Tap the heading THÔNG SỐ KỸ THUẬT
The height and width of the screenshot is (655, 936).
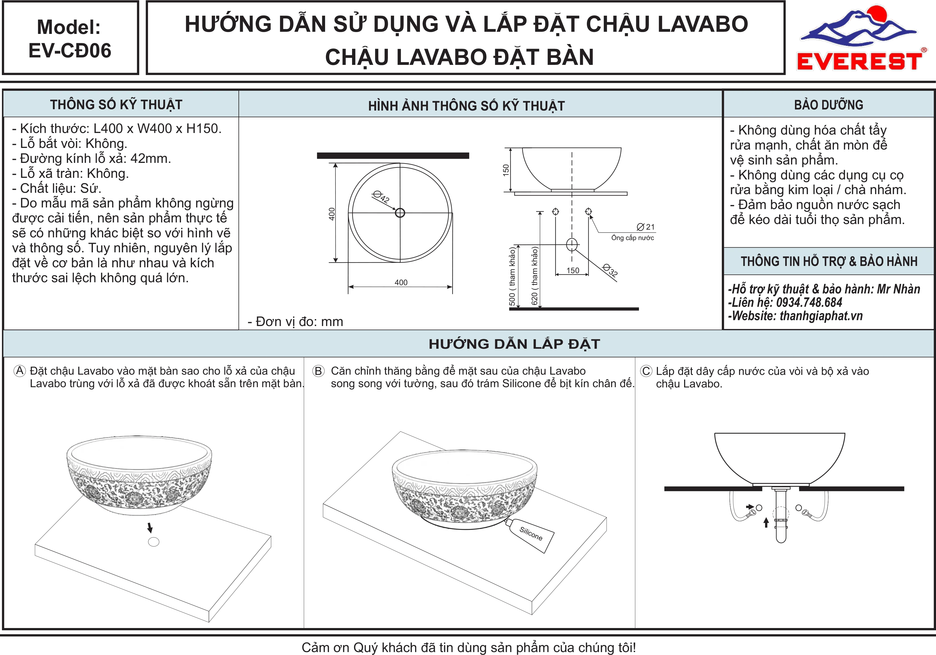tap(116, 105)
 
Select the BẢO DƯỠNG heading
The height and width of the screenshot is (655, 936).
tap(828, 105)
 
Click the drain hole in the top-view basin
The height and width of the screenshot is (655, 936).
tap(400, 213)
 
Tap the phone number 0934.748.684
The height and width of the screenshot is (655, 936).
tap(809, 303)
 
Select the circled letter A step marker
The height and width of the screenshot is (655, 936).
tap(19, 371)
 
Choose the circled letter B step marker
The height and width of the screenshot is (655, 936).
tap(318, 371)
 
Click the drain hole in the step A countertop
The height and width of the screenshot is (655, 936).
tap(154, 542)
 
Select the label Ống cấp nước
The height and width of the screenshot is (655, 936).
tap(632, 238)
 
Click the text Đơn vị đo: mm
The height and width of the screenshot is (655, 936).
tap(295, 321)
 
